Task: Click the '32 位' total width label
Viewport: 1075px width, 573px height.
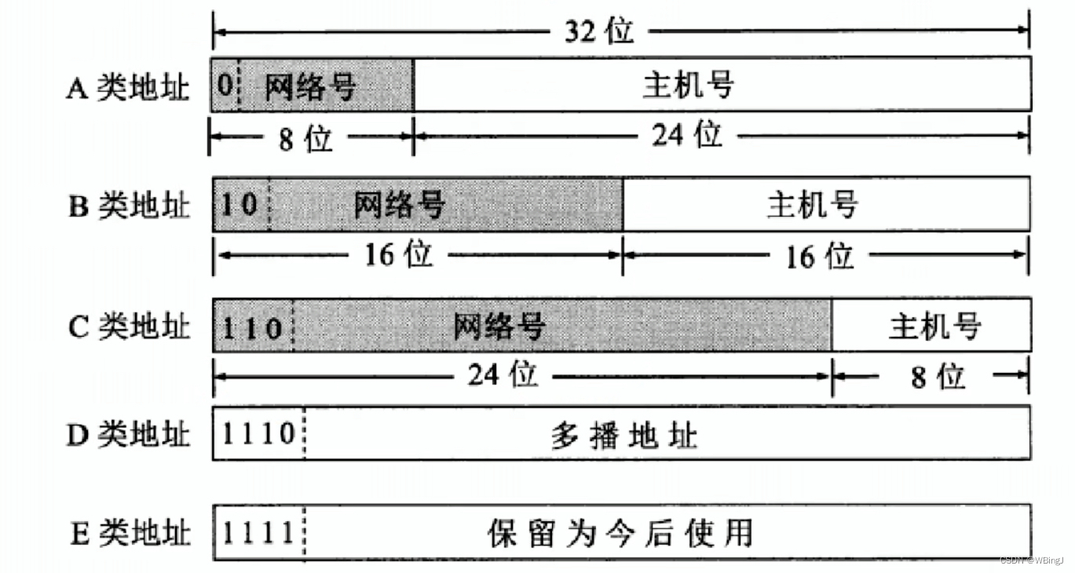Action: tap(598, 31)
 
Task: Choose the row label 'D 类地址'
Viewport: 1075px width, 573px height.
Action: tap(128, 434)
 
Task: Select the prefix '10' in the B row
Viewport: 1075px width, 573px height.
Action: tap(239, 205)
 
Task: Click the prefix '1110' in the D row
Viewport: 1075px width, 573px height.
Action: tap(259, 433)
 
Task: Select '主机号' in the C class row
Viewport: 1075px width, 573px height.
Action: tap(934, 324)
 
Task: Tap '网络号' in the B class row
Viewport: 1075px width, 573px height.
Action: tap(400, 205)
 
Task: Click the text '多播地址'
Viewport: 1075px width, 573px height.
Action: tap(623, 435)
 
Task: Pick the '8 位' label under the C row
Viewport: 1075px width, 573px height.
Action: tap(938, 378)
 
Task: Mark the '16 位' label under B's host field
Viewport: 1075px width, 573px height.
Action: tap(820, 255)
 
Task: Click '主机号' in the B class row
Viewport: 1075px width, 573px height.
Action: tap(812, 205)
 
